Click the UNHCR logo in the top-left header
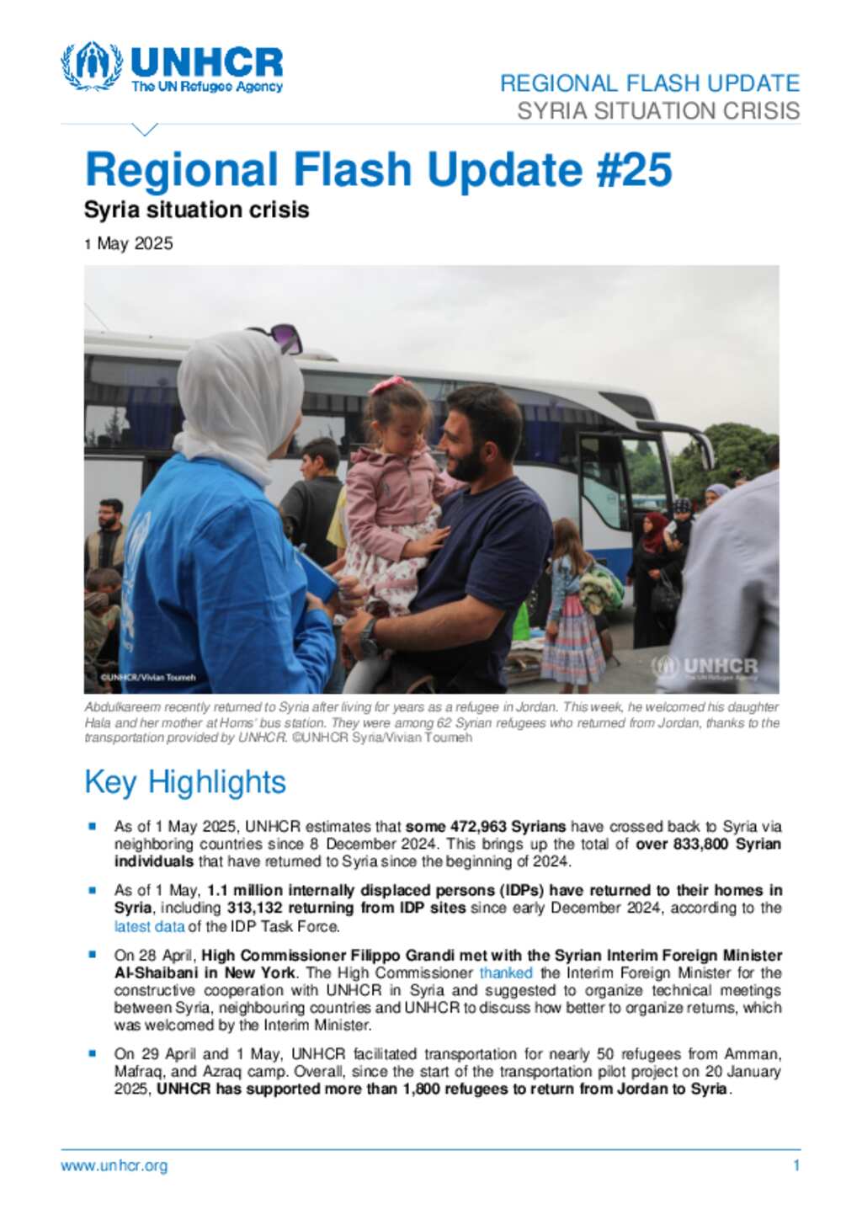pyautogui.click(x=172, y=67)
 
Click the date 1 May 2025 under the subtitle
pyautogui.click(x=129, y=244)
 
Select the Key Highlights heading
pyautogui.click(x=185, y=782)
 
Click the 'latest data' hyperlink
pyautogui.click(x=149, y=926)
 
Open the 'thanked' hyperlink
pyautogui.click(x=506, y=972)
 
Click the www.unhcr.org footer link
pyautogui.click(x=114, y=1166)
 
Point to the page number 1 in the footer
pyautogui.click(x=795, y=1166)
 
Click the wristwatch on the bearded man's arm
pyautogui.click(x=369, y=637)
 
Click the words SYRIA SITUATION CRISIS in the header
pyautogui.click(x=658, y=111)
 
